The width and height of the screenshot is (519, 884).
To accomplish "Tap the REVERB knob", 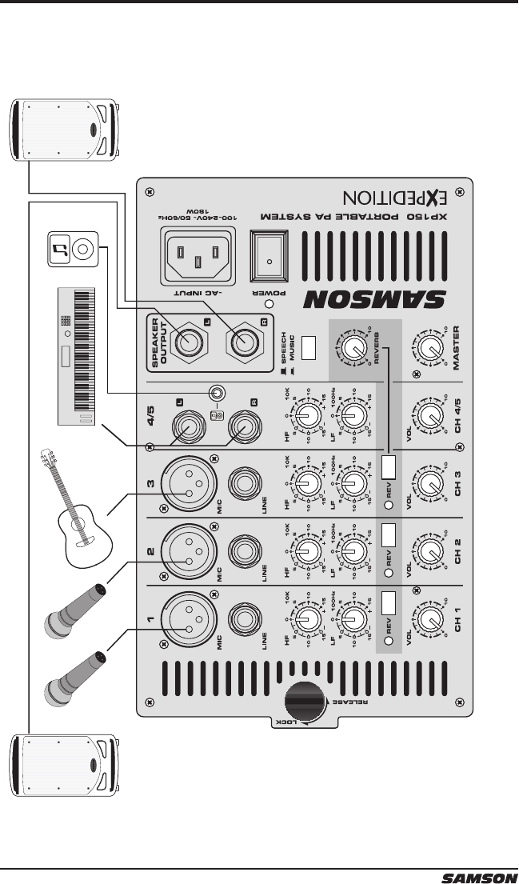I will tap(352, 346).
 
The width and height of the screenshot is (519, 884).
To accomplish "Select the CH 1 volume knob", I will tap(430, 619).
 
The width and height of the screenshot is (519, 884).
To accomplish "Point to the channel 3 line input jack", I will tap(244, 483).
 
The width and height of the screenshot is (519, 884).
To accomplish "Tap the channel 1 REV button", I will tap(389, 602).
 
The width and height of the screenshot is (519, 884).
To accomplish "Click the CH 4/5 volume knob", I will tap(430, 414).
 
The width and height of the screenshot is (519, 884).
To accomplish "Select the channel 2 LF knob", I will tap(352, 551).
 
